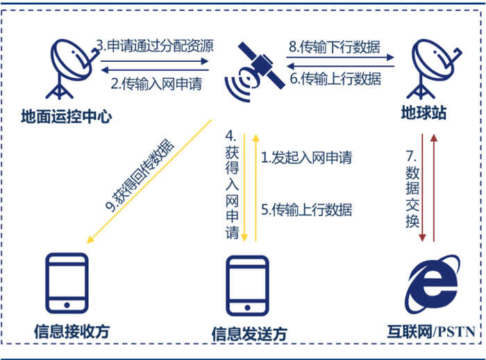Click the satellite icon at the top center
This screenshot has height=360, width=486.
coord(255,70)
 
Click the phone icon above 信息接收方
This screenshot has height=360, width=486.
coord(67,284)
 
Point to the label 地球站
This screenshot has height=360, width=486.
coord(426,111)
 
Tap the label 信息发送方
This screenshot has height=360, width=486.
coord(249,334)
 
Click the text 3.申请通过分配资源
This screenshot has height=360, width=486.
coord(154,47)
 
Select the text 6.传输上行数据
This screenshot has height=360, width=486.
coord(335,79)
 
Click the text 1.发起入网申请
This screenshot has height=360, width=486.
coord(307,158)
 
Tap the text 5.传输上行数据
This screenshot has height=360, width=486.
coord(307,210)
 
